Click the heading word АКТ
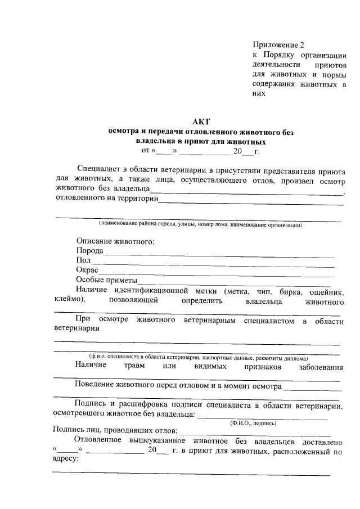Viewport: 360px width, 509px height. pyautogui.click(x=201, y=122)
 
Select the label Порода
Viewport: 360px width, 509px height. pyautogui.click(x=89, y=251)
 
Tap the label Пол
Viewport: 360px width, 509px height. pyautogui.click(x=83, y=260)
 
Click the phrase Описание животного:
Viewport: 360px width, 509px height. pyautogui.click(x=115, y=241)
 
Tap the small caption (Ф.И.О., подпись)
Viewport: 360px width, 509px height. pyautogui.click(x=249, y=421)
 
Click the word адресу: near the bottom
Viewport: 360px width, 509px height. pyautogui.click(x=66, y=459)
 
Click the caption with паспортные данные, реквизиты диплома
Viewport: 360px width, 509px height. pyautogui.click(x=197, y=357)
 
